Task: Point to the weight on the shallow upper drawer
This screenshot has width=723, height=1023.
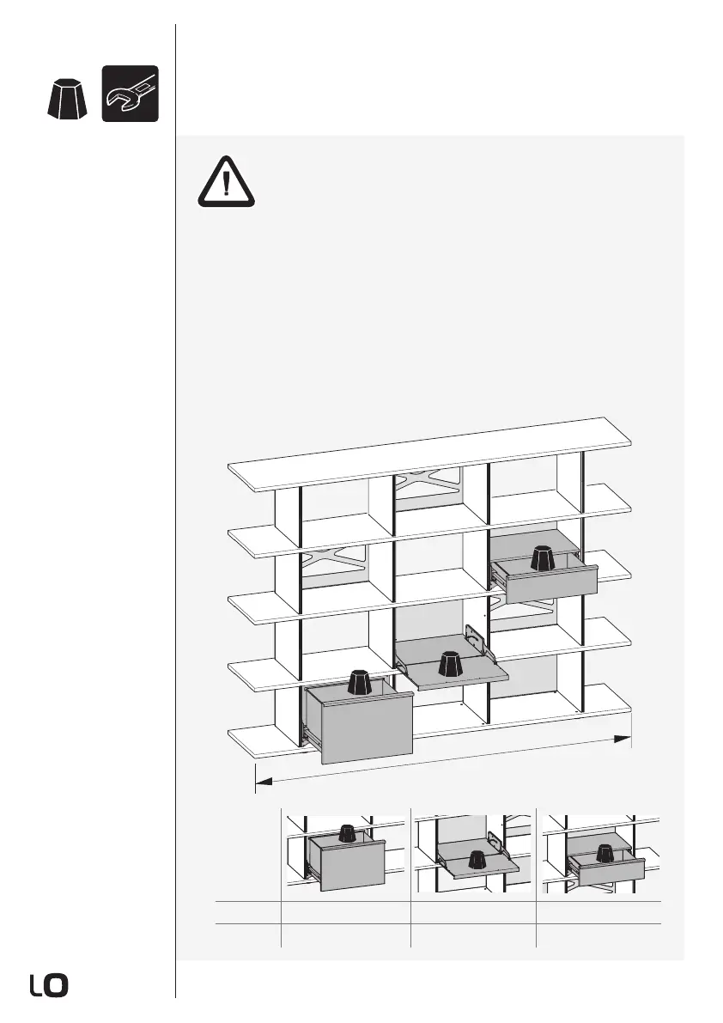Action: (x=542, y=558)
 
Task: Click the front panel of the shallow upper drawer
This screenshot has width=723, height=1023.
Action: (x=552, y=585)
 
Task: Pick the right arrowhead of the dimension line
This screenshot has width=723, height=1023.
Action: (x=624, y=739)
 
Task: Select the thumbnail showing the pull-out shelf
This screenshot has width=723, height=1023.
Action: (x=473, y=854)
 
